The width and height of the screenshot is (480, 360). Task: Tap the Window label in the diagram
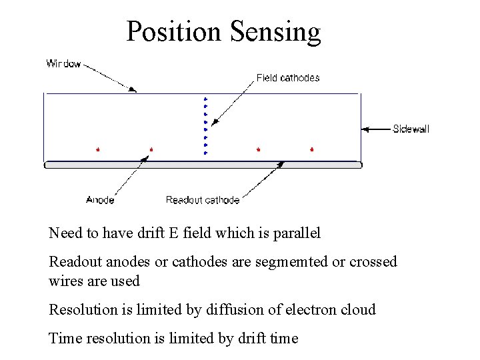63,64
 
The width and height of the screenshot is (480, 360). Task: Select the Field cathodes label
288,78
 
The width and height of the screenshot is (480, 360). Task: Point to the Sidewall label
411,129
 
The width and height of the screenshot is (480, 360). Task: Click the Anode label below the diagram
100,199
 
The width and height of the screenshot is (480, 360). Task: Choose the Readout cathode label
203,199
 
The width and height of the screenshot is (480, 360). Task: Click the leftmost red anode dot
98,149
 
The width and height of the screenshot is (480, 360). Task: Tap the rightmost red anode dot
311,149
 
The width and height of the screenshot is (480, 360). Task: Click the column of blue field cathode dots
205,126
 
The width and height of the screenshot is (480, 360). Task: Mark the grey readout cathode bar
203,164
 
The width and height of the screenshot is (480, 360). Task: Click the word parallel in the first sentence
297,233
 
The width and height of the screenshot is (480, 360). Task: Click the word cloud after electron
357,309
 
